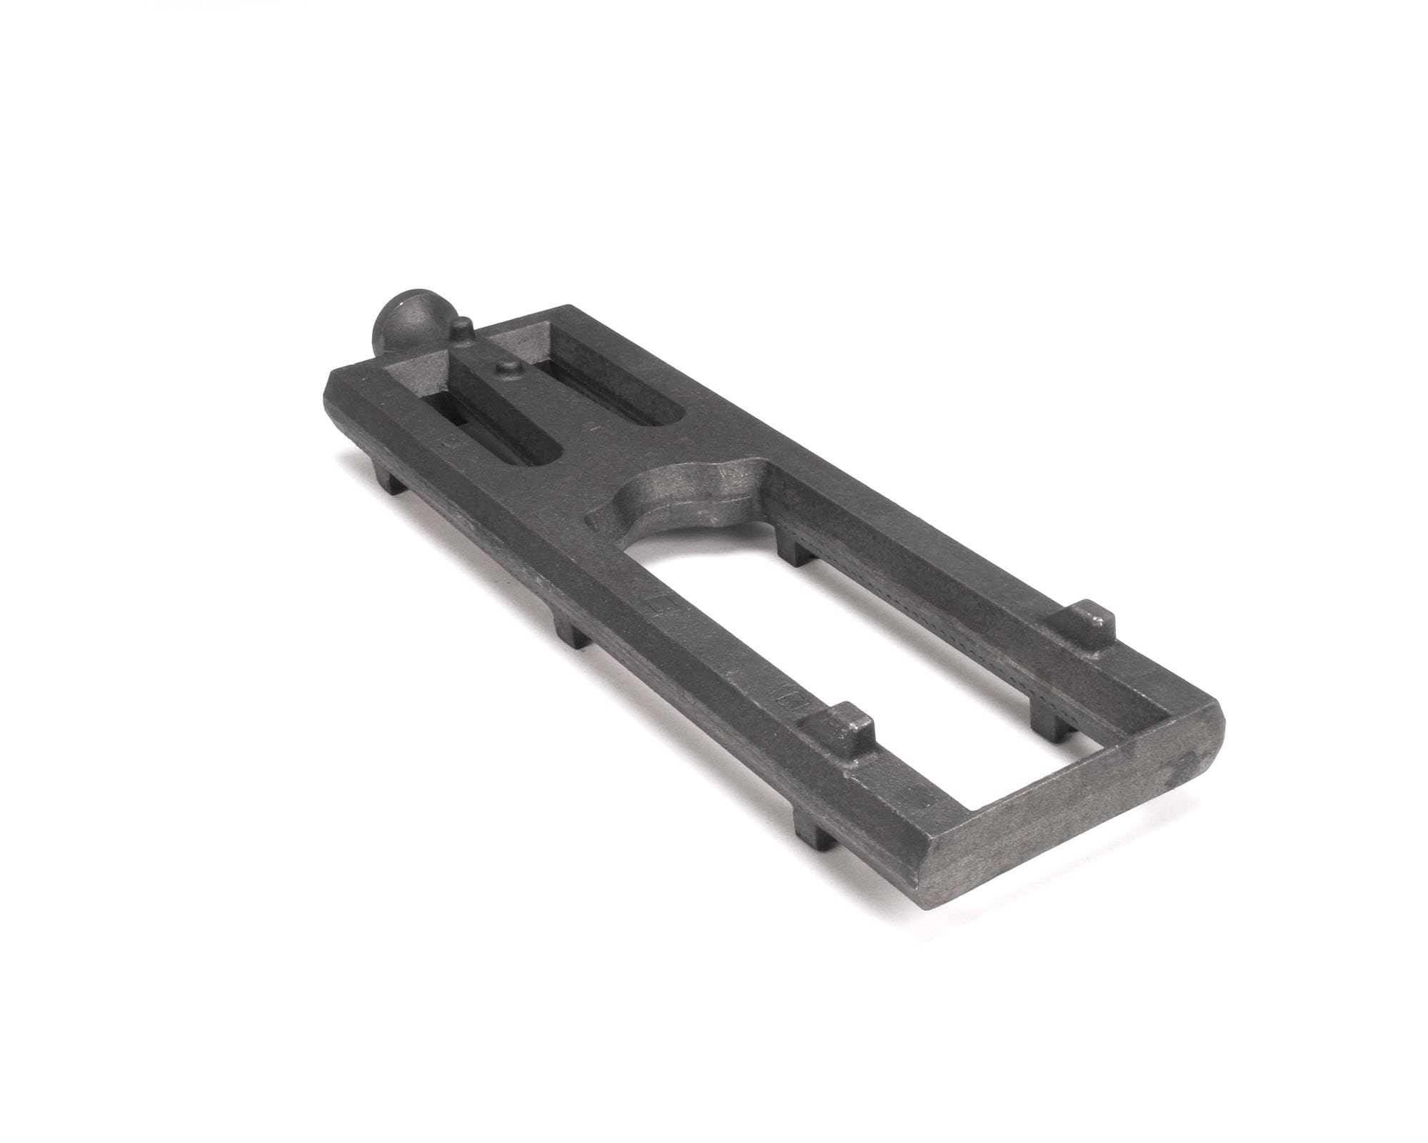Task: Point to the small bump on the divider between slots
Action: [508, 367]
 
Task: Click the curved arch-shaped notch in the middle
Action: [685, 493]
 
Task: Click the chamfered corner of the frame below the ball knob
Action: [336, 389]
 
